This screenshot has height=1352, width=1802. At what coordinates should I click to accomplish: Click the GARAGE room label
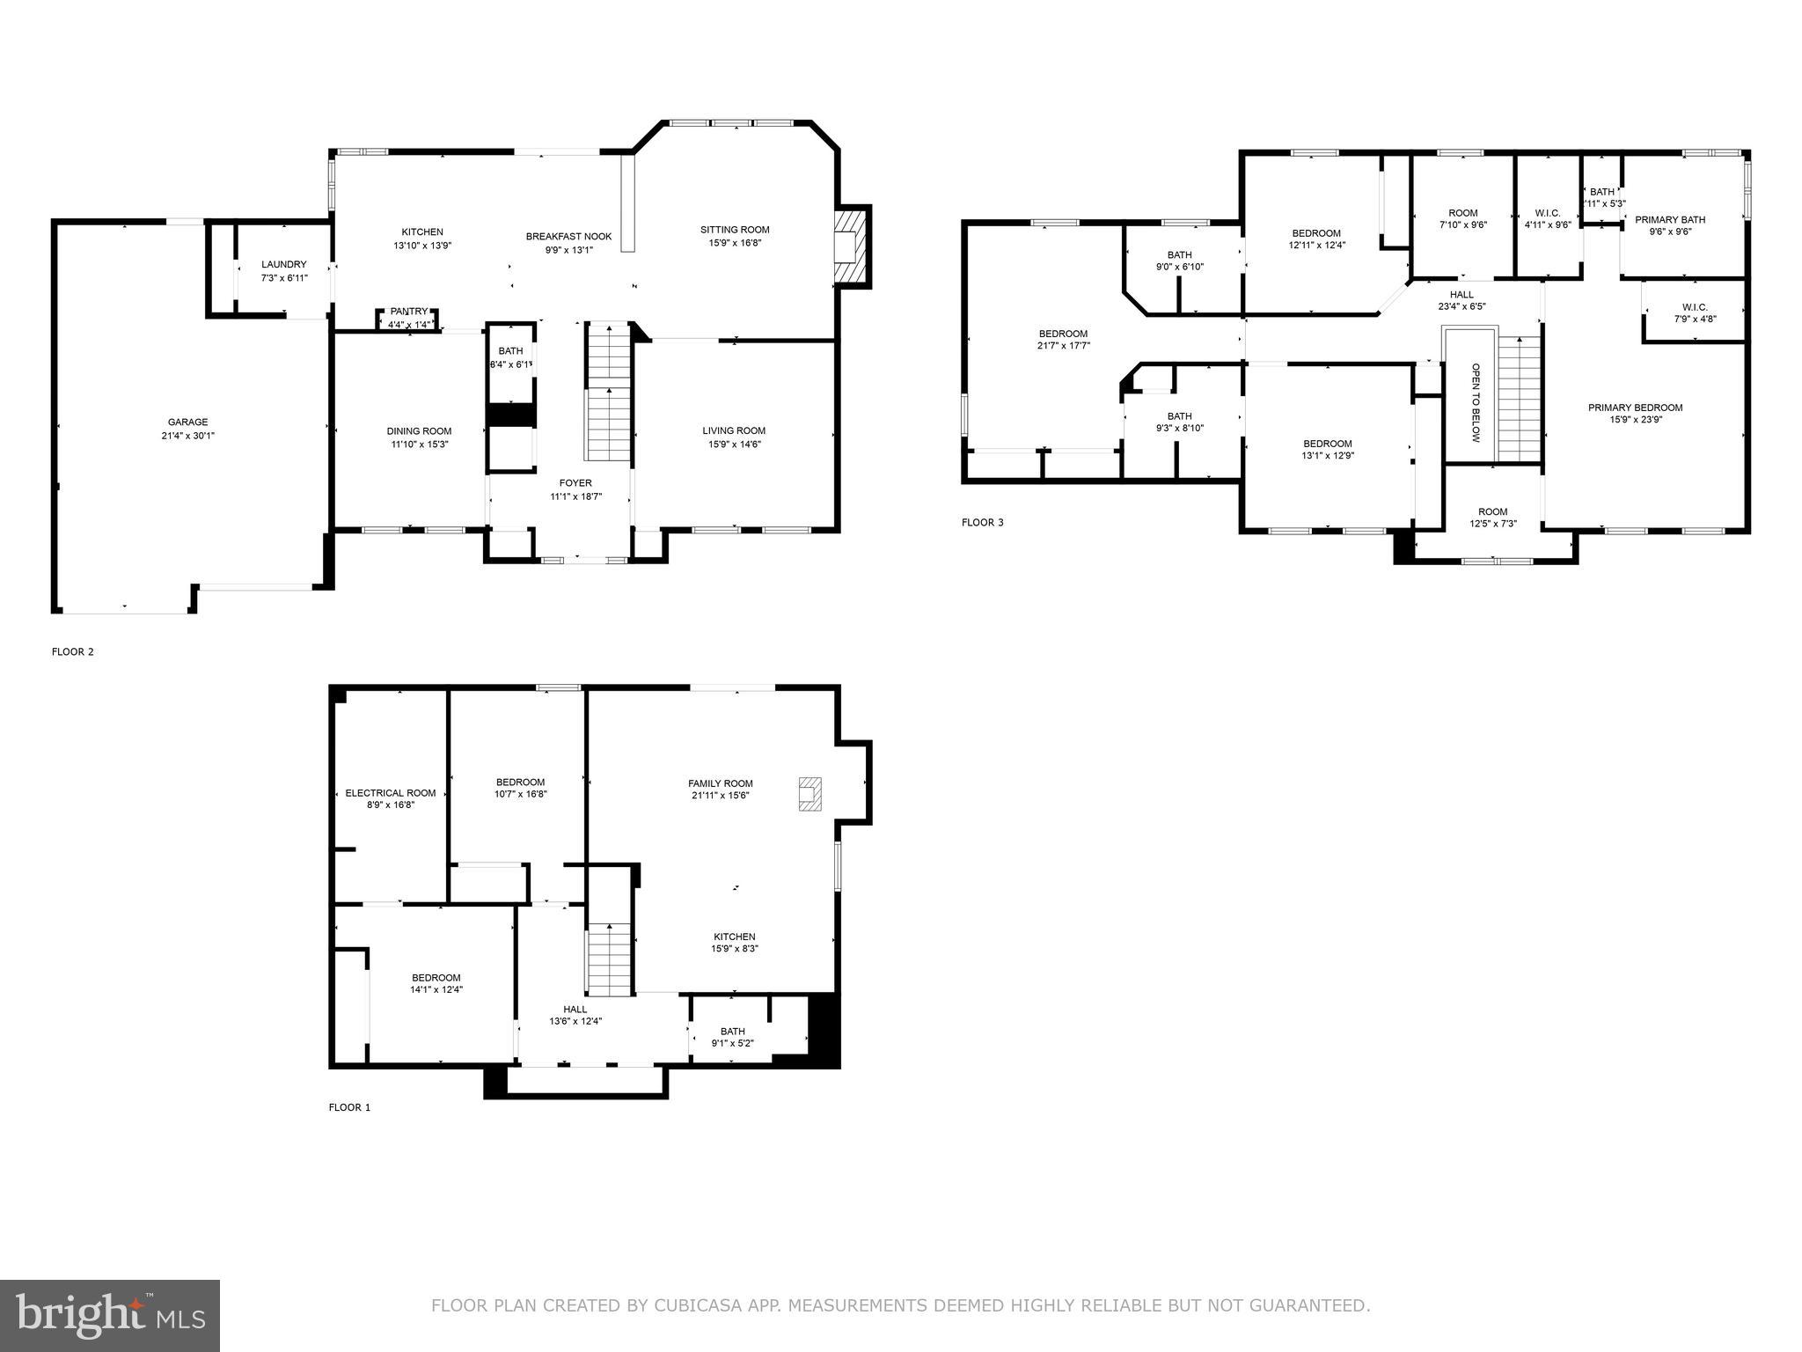(x=188, y=422)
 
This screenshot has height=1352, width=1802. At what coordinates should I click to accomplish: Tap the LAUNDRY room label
(x=283, y=264)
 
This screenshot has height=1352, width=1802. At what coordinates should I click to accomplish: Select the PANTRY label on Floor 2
(x=409, y=312)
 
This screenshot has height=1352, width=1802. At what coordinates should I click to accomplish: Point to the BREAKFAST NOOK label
(x=568, y=237)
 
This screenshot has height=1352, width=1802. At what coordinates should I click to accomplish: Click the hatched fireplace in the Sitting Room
(x=851, y=246)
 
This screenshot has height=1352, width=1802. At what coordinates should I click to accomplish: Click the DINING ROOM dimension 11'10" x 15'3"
(x=419, y=445)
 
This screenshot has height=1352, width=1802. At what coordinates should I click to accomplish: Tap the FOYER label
(x=575, y=483)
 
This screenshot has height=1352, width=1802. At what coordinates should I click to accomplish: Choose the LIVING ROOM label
(x=734, y=430)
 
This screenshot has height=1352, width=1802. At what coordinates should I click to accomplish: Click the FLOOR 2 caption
(x=73, y=652)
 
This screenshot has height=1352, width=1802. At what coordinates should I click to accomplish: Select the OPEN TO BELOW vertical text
(x=1476, y=402)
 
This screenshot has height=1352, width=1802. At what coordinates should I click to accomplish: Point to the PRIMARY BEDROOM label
(x=1635, y=408)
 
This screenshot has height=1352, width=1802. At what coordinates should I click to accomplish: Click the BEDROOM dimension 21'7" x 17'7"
(x=1063, y=346)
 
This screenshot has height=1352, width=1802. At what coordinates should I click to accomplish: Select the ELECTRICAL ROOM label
(x=391, y=793)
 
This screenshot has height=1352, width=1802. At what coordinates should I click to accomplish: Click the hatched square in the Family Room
(x=810, y=793)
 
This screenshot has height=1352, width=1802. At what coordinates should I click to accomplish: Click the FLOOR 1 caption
(x=349, y=1107)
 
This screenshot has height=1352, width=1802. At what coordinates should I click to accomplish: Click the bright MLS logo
(x=110, y=1315)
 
